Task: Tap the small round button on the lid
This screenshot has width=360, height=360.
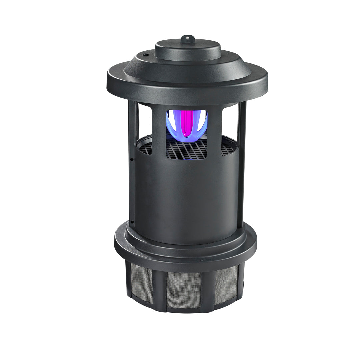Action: click(x=145, y=54)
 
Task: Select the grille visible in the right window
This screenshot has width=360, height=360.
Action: click(x=227, y=148)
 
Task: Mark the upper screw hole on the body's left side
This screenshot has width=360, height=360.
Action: click(x=132, y=159)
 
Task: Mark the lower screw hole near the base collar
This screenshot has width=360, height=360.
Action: click(x=132, y=221)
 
